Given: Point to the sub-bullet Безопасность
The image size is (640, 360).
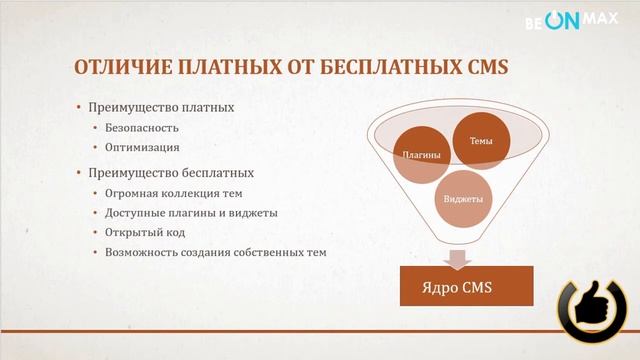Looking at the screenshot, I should pos(142,128).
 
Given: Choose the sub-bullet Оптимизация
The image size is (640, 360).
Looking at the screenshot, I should pos(142,147).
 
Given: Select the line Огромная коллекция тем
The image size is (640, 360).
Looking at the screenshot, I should pos(174,193).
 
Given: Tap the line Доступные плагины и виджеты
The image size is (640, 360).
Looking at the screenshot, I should pos(191,212).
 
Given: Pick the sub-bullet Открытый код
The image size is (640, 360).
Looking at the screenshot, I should pos(146,232).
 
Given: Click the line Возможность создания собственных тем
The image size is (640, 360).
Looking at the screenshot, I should pos(215,252).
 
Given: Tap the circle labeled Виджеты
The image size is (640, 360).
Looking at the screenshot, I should pos(462,197).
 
